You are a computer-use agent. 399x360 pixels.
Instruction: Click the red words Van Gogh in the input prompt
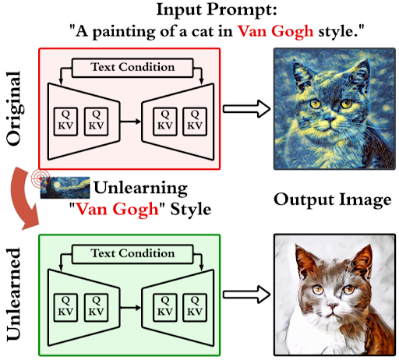tap(276, 32)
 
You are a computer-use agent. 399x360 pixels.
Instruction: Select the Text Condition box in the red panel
tap(132, 68)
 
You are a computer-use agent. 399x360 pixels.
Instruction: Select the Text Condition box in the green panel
tap(132, 254)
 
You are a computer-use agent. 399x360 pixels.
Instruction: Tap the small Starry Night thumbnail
tap(65, 188)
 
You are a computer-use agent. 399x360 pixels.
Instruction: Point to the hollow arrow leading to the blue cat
tap(247, 108)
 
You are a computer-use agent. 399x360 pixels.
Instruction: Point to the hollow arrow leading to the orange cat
tap(247, 295)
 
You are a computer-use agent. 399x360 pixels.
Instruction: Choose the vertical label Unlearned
tap(13, 295)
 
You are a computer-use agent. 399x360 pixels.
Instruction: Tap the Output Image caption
tap(333, 200)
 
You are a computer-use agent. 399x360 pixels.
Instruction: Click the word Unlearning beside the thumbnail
tap(140, 188)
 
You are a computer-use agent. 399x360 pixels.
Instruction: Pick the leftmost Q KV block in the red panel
tap(65, 122)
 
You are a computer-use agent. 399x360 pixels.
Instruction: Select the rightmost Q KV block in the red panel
tap(195, 122)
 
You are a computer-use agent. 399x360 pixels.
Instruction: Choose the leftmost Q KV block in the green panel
tap(65, 308)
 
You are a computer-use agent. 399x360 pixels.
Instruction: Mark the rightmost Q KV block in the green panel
tap(195, 308)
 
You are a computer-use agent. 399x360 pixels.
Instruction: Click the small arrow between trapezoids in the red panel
tap(130, 122)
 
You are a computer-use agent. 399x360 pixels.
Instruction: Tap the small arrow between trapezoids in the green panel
tap(130, 308)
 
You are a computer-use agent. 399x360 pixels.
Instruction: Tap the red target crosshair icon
tap(41, 178)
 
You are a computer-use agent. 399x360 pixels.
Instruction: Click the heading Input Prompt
tap(217, 10)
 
